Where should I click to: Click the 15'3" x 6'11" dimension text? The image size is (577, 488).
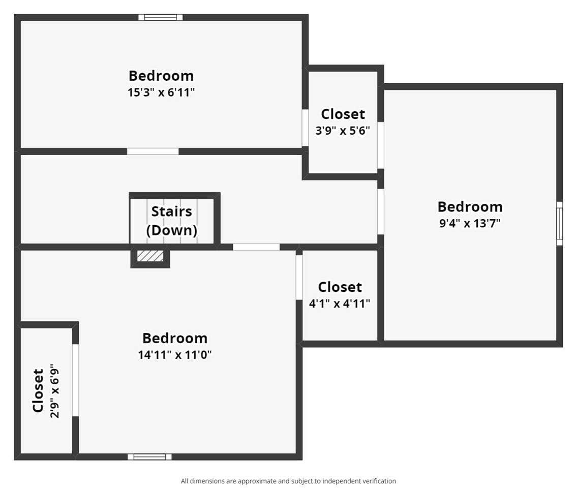click(161, 92)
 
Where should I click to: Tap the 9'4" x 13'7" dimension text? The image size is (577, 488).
click(470, 223)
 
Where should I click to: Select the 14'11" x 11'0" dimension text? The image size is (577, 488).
click(175, 355)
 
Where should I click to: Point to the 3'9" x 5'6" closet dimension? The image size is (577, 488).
click(343, 130)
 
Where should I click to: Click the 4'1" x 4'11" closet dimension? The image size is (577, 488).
click(339, 303)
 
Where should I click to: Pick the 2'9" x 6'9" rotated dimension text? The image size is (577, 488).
click(54, 391)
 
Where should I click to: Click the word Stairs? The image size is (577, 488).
click(171, 211)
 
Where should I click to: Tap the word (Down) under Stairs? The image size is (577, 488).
click(171, 230)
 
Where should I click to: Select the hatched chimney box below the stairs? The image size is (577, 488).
click(150, 256)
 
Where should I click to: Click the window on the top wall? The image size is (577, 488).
click(161, 17)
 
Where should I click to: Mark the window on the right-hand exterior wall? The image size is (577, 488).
click(560, 223)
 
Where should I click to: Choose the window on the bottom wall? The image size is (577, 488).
click(149, 456)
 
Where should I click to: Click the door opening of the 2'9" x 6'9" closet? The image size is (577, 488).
click(75, 380)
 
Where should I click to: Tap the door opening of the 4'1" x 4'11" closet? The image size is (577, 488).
click(299, 277)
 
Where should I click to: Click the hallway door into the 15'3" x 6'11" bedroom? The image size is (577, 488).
click(153, 151)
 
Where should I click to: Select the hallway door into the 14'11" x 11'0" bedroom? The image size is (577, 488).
click(256, 247)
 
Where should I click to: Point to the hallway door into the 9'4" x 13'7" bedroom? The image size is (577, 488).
click(381, 211)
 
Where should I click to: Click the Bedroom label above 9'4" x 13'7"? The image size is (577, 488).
click(470, 207)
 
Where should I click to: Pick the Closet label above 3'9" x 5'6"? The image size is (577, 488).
click(343, 114)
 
